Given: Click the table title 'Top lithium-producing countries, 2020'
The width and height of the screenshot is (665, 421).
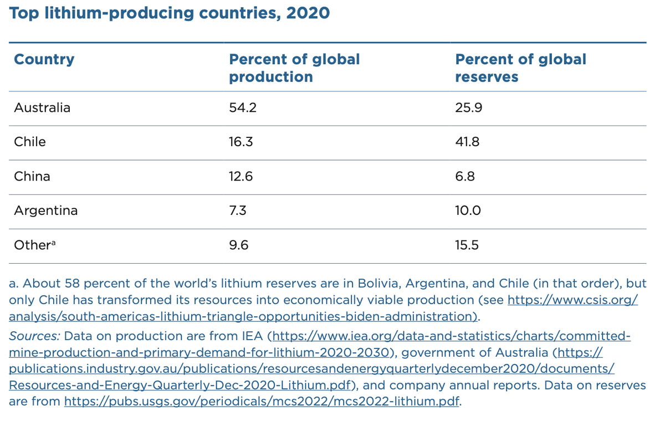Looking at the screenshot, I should [169, 13].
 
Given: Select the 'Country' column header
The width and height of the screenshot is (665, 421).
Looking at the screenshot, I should [44, 59].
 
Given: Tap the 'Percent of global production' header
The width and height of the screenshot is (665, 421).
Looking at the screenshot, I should [294, 68].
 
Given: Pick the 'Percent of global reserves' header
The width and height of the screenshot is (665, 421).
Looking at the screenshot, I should [520, 68].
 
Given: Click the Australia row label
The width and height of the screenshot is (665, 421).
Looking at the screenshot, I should [42, 107].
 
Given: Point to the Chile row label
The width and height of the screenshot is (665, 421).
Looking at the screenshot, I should [30, 142].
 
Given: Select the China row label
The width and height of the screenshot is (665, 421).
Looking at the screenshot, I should [32, 176].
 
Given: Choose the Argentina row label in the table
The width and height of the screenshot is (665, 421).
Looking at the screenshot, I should [46, 210].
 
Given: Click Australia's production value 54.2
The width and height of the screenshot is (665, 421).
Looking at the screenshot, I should [243, 107].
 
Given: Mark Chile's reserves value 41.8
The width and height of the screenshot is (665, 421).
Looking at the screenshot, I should [467, 142].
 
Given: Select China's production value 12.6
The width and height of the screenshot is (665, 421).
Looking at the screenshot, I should [241, 176].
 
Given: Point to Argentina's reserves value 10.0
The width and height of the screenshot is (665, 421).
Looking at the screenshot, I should [468, 210].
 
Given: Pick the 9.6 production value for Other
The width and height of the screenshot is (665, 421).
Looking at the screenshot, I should [238, 245].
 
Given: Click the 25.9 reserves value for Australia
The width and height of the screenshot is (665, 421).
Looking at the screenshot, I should [468, 107].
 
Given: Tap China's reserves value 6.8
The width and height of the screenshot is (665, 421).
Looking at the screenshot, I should [465, 176].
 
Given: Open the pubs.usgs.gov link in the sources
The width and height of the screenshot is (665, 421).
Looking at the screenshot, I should [262, 401].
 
